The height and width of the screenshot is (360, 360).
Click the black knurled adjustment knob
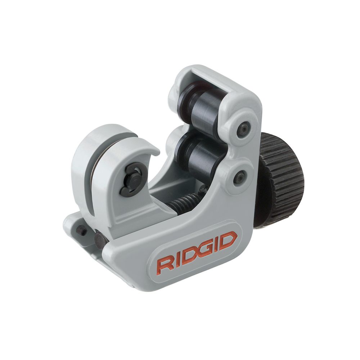click(283, 180)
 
